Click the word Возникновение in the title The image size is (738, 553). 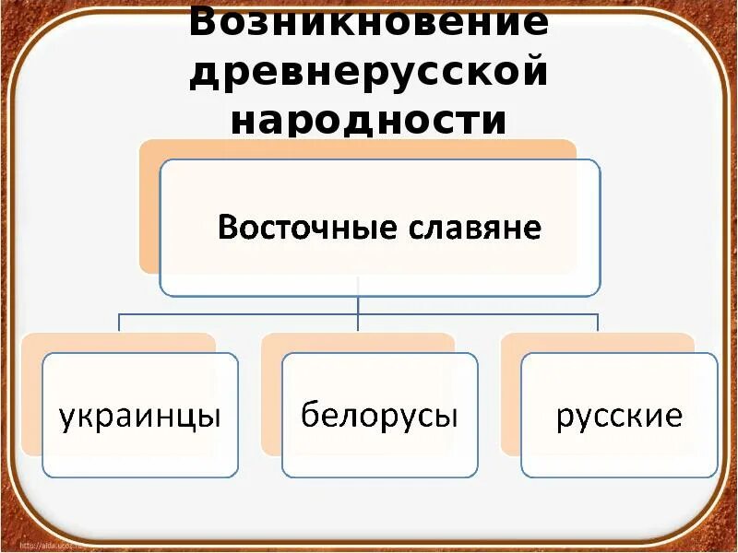pos(368,23)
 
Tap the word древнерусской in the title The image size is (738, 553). pos(368,72)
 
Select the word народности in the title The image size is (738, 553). pos(368,120)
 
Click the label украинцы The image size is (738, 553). pos(140,417)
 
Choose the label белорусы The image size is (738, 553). pos(379,417)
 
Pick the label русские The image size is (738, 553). pos(619,417)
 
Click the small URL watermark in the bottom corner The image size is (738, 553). pos(42,544)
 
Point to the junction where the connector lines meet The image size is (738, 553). pos(358,313)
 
